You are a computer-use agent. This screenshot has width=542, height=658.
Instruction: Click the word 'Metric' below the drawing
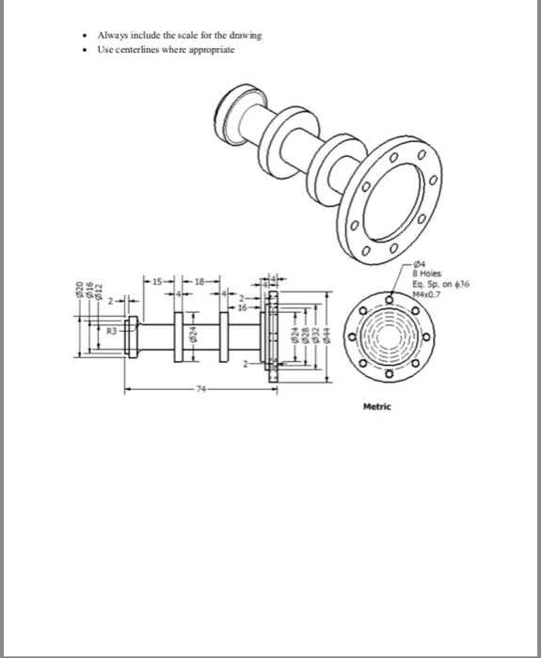tap(378, 406)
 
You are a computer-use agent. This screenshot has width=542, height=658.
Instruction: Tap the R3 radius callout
tap(111, 332)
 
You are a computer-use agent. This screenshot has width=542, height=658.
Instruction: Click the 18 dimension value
tap(202, 279)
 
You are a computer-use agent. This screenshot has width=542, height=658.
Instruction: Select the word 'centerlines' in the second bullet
tap(141, 50)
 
